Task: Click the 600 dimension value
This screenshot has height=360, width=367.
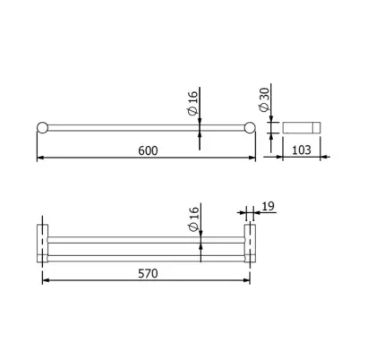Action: pos(148,150)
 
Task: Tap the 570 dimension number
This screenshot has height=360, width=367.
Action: pos(148,273)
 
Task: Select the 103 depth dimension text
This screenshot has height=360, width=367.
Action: pos(301,150)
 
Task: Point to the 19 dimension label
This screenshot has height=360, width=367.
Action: pos(268,206)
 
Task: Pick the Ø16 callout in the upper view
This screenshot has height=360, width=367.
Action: pos(193,103)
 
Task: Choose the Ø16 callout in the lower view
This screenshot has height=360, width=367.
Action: pos(194,219)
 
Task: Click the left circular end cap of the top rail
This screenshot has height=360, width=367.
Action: pos(42,127)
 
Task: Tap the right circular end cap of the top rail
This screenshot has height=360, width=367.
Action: pos(250,127)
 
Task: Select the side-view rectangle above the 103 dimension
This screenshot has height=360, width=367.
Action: pos(302,127)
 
